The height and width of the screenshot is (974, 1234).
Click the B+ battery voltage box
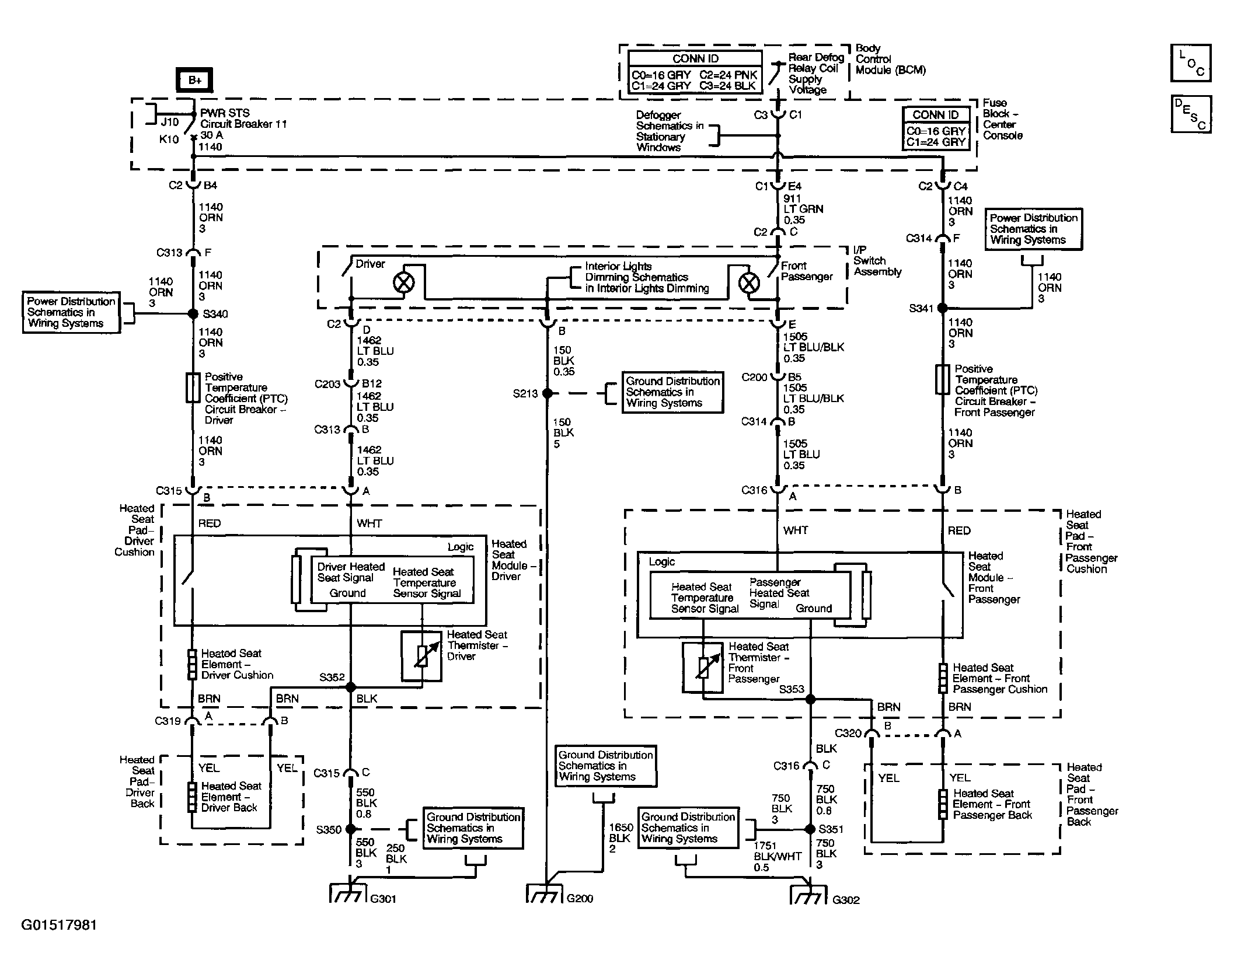(194, 80)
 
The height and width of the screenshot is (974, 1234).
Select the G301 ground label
(384, 899)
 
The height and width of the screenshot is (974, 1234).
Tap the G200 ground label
(580, 899)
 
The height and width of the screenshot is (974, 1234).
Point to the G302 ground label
(846, 900)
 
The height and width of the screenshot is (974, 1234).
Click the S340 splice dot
(193, 314)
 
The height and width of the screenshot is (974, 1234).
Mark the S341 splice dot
(942, 308)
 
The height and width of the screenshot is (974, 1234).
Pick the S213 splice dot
(547, 393)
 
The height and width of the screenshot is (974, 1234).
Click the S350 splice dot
(350, 829)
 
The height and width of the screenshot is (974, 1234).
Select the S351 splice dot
(810, 829)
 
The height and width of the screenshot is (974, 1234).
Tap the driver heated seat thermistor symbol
(421, 657)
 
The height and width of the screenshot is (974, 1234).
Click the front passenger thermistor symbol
(703, 667)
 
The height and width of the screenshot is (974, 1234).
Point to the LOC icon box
(1191, 63)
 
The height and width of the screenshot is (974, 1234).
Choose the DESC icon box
(1191, 114)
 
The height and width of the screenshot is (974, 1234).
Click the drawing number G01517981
(59, 925)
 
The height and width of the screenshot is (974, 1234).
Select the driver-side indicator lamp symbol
(404, 283)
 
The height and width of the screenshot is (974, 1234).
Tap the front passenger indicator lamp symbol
(749, 283)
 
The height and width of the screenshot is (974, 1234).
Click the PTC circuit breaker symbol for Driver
(193, 388)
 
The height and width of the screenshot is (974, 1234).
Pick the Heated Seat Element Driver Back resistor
(192, 797)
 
